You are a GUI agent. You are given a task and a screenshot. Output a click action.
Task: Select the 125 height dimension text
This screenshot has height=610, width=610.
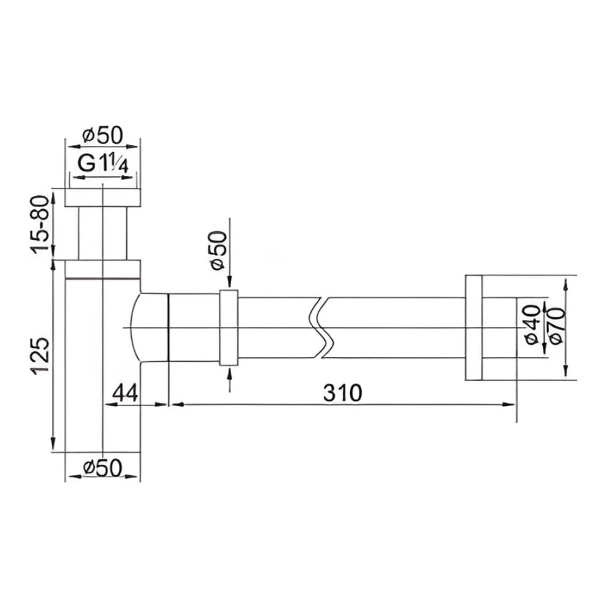(40, 356)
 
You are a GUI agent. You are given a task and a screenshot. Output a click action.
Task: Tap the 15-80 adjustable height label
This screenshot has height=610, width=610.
(40, 224)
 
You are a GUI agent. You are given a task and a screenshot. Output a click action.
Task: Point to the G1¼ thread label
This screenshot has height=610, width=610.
(102, 163)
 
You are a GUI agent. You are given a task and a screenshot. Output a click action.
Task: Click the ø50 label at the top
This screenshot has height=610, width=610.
(102, 135)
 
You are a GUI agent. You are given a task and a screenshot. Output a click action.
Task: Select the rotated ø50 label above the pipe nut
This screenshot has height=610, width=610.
(218, 251)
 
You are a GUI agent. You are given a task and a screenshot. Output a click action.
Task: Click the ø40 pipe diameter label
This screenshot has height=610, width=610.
(533, 325)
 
